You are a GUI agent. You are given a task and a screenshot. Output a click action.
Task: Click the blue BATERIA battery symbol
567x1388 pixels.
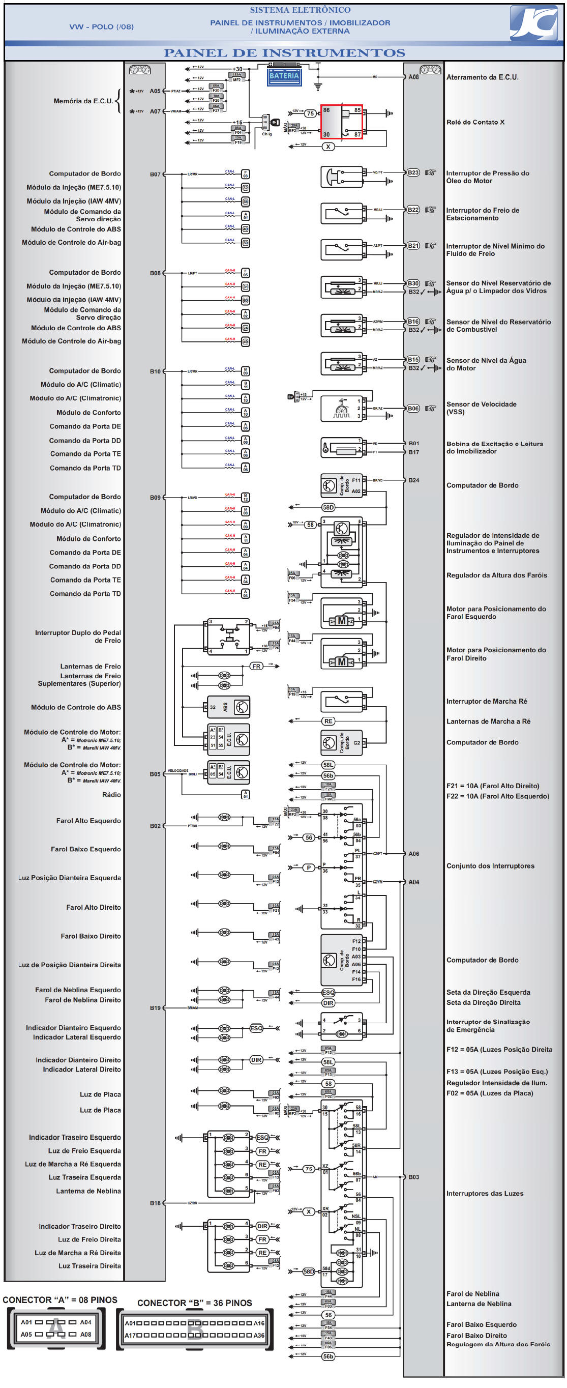pos(284,75)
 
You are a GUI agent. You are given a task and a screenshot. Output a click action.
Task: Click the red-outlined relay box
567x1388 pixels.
pos(341,122)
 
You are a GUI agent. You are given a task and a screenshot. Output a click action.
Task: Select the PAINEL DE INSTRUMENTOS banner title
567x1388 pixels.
pos(284,53)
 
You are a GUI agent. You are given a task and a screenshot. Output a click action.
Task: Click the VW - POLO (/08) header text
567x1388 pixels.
pos(101,26)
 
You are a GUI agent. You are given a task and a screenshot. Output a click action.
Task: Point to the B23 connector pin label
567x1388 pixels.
pos(413,173)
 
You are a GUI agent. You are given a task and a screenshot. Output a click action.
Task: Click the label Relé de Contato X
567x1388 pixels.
pos(475,122)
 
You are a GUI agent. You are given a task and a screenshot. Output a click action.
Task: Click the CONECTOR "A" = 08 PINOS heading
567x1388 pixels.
pos(60,1299)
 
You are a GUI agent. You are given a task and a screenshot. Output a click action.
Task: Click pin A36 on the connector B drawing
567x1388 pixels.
pos(259,1335)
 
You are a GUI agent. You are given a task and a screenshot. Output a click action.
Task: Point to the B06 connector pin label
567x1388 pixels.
pos(413,409)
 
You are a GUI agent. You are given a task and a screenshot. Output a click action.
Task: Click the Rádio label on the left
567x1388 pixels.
pos(111,795)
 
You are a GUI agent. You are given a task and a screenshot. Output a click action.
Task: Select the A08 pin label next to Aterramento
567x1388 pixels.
pos(413,77)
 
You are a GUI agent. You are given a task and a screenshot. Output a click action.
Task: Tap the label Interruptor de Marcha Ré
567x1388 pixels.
pos(486,701)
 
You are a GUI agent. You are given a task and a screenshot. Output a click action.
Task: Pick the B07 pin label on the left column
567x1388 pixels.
pos(155,174)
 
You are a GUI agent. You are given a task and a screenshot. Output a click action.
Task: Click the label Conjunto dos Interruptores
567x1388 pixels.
pos(490,866)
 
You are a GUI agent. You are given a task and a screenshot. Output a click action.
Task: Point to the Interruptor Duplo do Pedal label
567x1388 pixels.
pos(78,637)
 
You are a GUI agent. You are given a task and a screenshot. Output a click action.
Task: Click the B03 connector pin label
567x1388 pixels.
pos(413,1177)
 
